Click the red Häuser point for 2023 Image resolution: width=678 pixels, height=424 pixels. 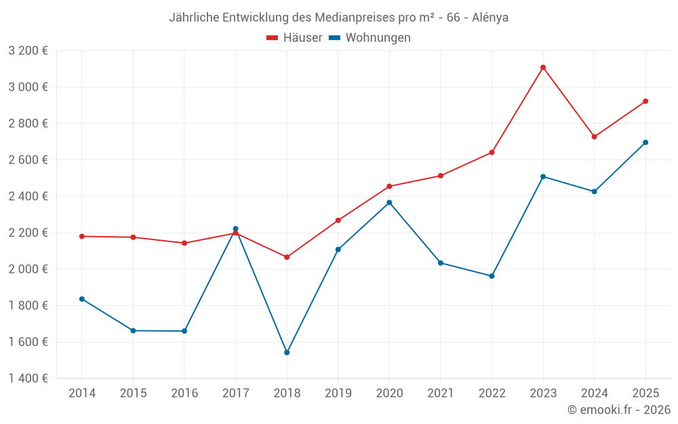click(x=543, y=67)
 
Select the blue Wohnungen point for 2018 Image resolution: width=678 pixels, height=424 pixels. click(x=287, y=353)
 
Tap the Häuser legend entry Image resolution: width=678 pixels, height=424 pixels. click(x=294, y=38)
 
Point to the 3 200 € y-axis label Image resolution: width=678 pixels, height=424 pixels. click(x=28, y=51)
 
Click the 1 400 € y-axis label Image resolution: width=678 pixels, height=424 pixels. click(x=28, y=379)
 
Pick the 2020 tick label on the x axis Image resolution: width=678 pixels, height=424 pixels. click(x=389, y=393)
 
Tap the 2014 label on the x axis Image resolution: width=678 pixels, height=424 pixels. click(x=82, y=393)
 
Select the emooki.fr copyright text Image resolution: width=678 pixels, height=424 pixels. click(x=618, y=410)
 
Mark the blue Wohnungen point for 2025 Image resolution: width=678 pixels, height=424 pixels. click(x=645, y=142)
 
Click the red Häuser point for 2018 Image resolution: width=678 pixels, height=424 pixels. click(x=287, y=257)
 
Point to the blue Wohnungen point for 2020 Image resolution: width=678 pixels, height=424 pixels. click(x=389, y=202)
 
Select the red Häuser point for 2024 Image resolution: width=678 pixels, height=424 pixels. click(x=595, y=137)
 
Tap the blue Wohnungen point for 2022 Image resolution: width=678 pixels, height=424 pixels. click(x=492, y=276)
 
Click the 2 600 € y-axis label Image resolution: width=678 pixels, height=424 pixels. click(x=28, y=160)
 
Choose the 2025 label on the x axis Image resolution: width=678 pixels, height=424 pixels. click(x=645, y=393)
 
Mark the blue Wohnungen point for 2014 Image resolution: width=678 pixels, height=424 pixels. click(x=82, y=299)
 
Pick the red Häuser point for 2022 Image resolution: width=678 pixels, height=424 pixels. click(x=492, y=153)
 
